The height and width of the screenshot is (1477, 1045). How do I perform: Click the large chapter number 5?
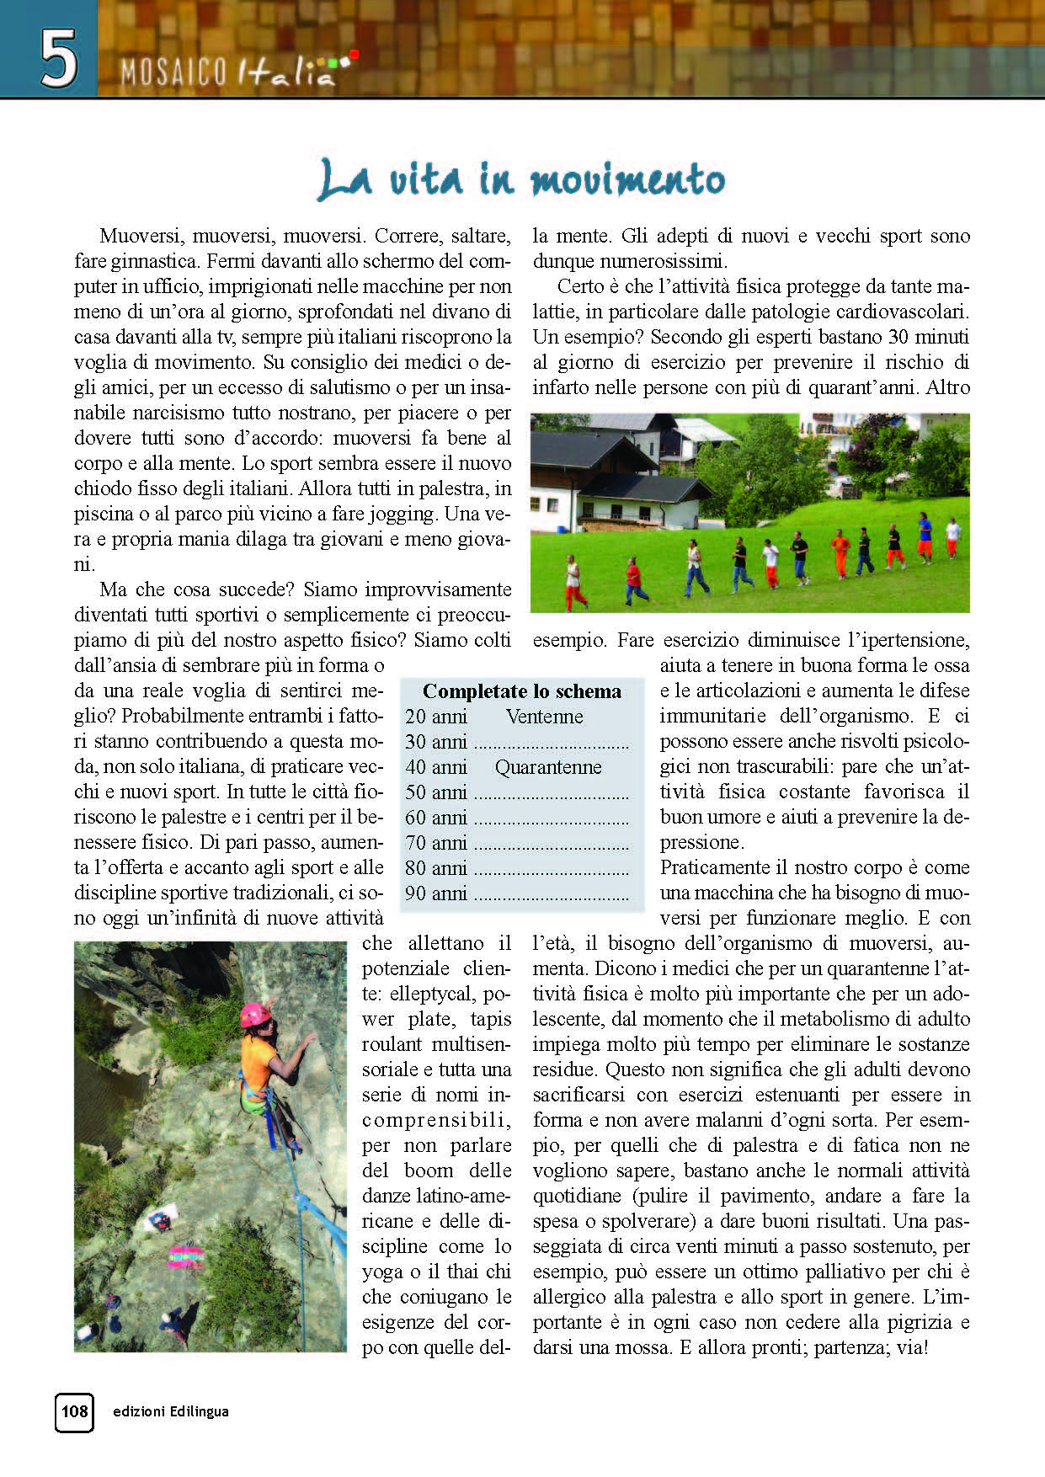point(58,58)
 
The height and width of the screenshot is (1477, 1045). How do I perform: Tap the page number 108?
point(74,1410)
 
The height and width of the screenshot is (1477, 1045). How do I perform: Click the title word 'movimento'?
point(627,179)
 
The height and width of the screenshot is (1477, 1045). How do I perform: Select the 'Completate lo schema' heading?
point(521,691)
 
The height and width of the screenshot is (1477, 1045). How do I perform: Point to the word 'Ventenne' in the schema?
point(544,717)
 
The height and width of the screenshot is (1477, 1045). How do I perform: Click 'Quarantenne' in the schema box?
point(548,767)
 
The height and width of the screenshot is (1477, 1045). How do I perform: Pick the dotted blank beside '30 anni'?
point(552,744)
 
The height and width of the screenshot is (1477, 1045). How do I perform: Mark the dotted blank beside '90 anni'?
point(552,895)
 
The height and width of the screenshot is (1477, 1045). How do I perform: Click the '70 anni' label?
point(435,843)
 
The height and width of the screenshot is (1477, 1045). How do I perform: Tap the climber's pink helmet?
point(255,1014)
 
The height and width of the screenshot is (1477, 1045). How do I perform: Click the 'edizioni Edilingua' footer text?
point(171,1411)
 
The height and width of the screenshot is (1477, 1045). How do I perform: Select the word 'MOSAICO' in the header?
point(173,74)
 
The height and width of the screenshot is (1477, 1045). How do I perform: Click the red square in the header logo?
point(355,56)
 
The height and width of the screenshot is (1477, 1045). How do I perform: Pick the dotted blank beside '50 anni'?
point(552,794)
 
